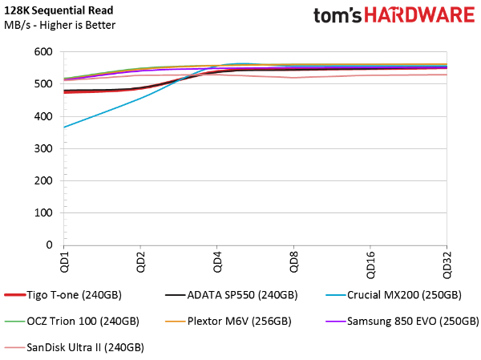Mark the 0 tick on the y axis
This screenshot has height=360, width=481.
click(48, 245)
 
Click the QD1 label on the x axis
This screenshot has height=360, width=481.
click(63, 261)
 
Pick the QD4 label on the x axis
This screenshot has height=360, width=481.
click(216, 261)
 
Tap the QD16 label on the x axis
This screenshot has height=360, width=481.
click(369, 264)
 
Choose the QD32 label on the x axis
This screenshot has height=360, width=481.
click(446, 264)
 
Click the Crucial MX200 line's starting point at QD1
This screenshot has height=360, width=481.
click(64, 127)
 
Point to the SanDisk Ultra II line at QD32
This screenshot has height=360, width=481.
click(446, 75)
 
